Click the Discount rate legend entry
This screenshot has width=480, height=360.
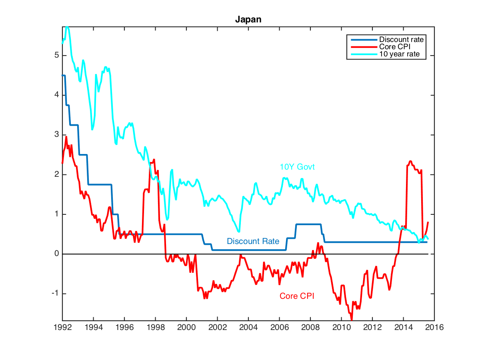click(x=401, y=40)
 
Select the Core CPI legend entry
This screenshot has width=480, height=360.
click(x=394, y=47)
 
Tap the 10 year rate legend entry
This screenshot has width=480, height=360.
click(x=399, y=54)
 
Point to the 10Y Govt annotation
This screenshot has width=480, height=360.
click(x=297, y=167)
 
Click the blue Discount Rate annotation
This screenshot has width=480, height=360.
click(x=253, y=241)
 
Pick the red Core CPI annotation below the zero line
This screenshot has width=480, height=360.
click(x=296, y=296)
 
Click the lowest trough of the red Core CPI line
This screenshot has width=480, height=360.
click(x=352, y=319)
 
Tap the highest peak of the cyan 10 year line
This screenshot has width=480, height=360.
click(x=67, y=27)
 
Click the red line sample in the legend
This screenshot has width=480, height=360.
click(x=364, y=47)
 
